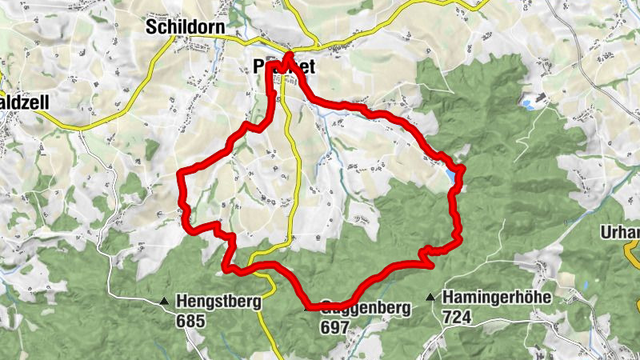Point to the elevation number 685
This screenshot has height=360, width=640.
(193, 321)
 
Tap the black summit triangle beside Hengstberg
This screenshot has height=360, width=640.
(164, 302)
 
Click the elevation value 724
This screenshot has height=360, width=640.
(455, 317)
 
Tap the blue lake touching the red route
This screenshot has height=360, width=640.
(454, 174)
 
